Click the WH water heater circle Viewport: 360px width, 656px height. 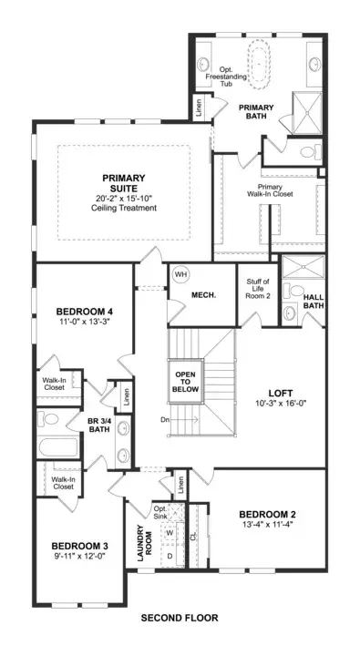180,274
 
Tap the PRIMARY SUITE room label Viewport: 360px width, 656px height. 124,183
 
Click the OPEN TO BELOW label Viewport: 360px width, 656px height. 185,382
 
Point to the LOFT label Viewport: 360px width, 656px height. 281,394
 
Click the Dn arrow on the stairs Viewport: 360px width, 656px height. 181,420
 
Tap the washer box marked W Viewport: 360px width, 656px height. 170,533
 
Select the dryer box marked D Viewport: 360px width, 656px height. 170,556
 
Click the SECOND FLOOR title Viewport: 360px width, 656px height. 180,618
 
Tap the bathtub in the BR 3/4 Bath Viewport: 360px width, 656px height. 58,446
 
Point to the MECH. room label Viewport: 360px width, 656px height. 203,295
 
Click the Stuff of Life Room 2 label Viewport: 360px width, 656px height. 257,288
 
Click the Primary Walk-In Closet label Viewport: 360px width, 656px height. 269,190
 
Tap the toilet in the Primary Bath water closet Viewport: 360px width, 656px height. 310,152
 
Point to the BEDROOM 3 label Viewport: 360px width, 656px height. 80,546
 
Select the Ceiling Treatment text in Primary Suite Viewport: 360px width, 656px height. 124,208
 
